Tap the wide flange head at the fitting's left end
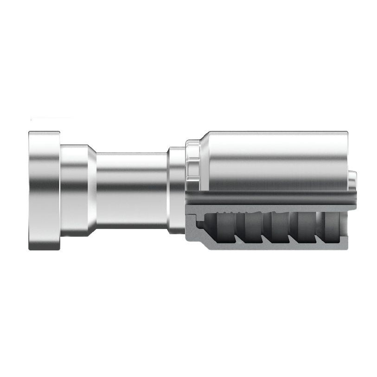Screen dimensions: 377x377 [44, 191]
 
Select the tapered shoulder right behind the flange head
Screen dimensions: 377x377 [77, 191]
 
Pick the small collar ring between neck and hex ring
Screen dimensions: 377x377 [176, 190]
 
